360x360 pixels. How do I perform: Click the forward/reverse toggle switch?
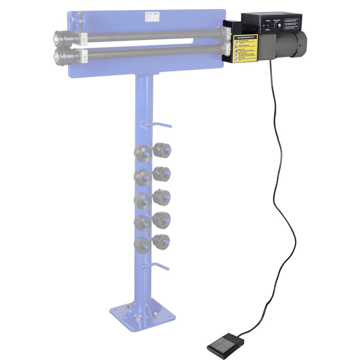point(268,25)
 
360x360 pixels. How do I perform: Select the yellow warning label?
point(245,48)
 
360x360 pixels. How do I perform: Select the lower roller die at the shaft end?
point(62,56)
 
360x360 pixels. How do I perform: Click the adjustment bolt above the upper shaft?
point(81,18)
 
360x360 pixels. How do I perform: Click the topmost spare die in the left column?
point(143,153)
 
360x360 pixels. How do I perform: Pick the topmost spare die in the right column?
point(162,150)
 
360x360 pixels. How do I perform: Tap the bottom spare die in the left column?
point(142,245)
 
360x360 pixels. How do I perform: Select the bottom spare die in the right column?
point(161,242)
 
